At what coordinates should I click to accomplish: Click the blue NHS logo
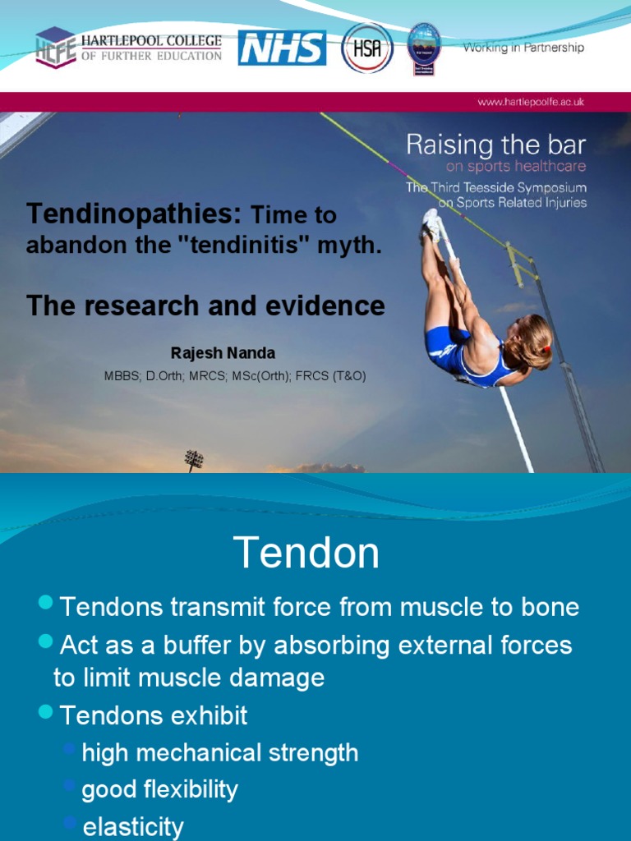coord(282,48)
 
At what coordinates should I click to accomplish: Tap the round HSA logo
coord(366,48)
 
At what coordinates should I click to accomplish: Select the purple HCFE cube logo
coord(56,48)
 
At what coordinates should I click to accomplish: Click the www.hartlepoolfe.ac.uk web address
coord(531,103)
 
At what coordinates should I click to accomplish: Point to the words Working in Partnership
coord(523,48)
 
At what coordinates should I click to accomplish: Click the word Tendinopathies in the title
coord(134,214)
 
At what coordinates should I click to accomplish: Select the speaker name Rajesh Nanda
coord(223,353)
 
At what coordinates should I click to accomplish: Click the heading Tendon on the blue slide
coord(306,553)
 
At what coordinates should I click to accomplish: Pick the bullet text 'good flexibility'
coord(159,790)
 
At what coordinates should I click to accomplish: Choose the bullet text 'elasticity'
coord(133,826)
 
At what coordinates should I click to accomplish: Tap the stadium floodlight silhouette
coord(194,458)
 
